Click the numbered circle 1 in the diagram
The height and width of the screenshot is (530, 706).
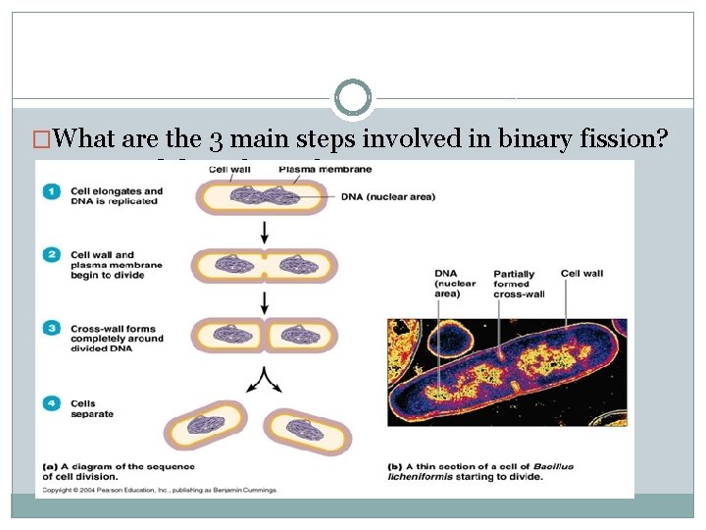coord(52,190)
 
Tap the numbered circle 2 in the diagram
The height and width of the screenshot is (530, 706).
coord(52,254)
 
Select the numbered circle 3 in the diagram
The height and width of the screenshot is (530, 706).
coord(52,327)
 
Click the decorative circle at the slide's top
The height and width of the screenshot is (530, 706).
coord(353,98)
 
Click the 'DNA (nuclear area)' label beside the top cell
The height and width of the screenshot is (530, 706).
coord(388,196)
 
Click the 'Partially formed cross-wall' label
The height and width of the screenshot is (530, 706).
coord(519,284)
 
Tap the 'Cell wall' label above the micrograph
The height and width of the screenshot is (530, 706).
coord(581,273)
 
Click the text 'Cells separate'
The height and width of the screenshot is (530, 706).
coord(91,408)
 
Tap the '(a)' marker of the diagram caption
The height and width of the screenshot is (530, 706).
coord(51,466)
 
